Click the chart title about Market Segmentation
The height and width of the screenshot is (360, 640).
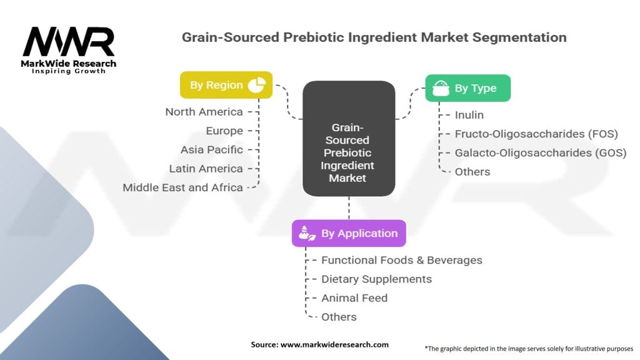point(374,37)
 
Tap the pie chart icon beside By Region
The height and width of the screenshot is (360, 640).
point(257,85)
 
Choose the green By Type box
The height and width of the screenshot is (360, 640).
point(467,88)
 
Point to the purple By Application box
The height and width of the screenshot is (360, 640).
point(349,233)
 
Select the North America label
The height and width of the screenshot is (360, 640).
point(204,112)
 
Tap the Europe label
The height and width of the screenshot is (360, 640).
point(224,131)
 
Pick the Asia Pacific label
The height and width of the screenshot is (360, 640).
point(212,149)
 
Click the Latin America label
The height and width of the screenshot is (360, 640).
point(206,168)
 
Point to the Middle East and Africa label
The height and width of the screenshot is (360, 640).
point(182,187)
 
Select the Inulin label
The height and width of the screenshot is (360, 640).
point(469,115)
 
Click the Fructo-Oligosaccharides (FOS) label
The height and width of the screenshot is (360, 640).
point(536,134)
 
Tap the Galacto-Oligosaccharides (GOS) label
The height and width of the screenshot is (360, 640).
point(540,152)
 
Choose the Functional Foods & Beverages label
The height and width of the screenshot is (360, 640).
point(401,260)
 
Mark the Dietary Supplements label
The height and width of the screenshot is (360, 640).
point(376,279)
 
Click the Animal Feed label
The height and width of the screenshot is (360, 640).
point(354,298)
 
